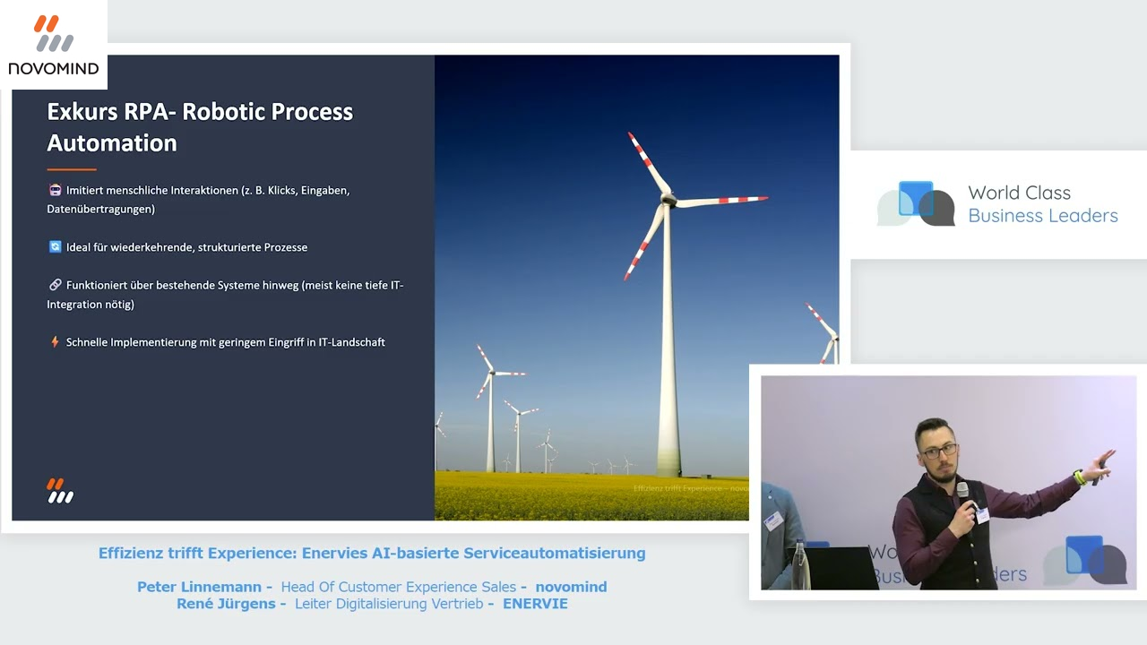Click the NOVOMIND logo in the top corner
54,45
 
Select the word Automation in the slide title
112,143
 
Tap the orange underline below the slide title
71,168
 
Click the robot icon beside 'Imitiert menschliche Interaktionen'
55,190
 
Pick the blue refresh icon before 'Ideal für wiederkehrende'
55,246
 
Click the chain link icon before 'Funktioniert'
55,285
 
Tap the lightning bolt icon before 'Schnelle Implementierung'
55,342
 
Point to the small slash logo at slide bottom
60,491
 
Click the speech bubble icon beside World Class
916,203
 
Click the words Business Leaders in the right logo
1043,216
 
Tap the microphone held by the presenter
962,492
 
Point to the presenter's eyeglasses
938,451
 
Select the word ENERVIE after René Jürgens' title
535,604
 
